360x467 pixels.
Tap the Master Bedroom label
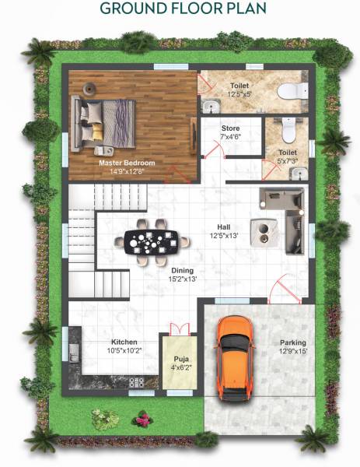pos(127,163)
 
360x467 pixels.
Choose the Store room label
pos(230,128)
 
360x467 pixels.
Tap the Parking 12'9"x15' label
pos(293,346)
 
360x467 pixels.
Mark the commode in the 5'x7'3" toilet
pos(288,128)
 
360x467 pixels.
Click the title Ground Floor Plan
pos(180,9)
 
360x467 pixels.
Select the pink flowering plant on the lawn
pos(142,421)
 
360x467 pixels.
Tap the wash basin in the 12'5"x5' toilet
pos(208,104)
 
